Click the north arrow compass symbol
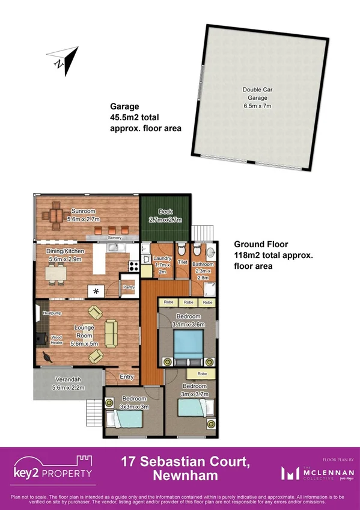(x=65, y=58)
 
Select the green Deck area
(x=165, y=218)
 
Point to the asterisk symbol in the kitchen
(x=96, y=291)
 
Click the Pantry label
(x=128, y=287)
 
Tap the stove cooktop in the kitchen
(x=133, y=265)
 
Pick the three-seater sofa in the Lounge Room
(x=111, y=333)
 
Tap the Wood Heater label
(x=56, y=340)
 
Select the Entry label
(x=127, y=377)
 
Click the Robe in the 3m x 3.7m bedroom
(x=203, y=373)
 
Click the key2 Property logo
(x=53, y=469)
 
